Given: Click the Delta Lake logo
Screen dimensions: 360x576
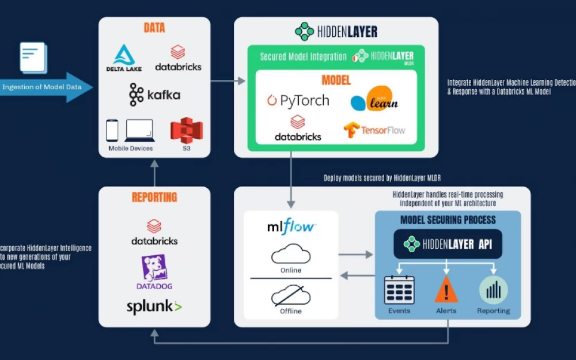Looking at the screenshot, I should [x=124, y=58].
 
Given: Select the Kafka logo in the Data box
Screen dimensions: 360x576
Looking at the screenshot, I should [x=154, y=94].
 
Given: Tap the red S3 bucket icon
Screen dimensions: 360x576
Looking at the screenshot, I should [x=187, y=131].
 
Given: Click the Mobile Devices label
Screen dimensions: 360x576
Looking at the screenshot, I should [x=131, y=149].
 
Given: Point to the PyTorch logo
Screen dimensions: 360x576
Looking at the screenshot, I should [x=298, y=101].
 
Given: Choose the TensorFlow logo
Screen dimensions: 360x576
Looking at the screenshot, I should [x=374, y=130].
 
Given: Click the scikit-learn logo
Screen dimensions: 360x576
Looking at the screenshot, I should [x=375, y=100].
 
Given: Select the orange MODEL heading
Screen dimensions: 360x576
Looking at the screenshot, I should [x=336, y=80].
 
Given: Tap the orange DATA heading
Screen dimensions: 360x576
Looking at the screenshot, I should [x=154, y=28].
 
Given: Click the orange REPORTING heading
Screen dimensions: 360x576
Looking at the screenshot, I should [x=154, y=197].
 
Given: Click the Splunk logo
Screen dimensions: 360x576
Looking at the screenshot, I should [x=154, y=306].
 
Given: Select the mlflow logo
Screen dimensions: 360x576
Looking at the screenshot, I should [x=291, y=226].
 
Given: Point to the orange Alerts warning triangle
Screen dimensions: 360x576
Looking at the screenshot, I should [x=446, y=289].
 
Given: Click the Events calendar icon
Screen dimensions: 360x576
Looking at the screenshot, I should [x=399, y=290].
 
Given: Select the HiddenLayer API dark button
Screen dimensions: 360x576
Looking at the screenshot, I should [x=448, y=244].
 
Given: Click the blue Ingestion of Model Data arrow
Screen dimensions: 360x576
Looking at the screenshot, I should [x=46, y=88].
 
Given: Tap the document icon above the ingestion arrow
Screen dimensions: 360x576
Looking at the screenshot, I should [x=33, y=57].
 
